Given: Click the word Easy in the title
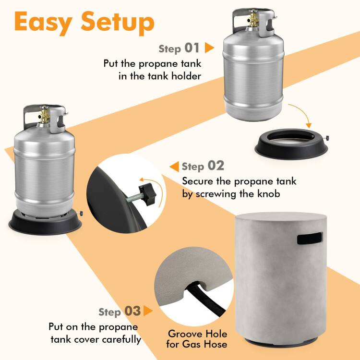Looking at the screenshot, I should coord(42,22).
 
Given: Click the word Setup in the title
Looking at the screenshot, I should coord(115,22).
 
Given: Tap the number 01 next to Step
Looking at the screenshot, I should coord(192,48).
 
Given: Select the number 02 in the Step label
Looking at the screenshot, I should coord(216,166).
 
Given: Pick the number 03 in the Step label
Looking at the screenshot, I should coord(132,311).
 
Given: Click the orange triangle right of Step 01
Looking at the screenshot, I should coord(209,48).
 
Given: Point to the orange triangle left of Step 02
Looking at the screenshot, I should coord(175,167).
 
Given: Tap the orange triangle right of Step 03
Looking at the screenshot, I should coord(148,311).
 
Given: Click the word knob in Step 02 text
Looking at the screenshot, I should coord(284,194).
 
